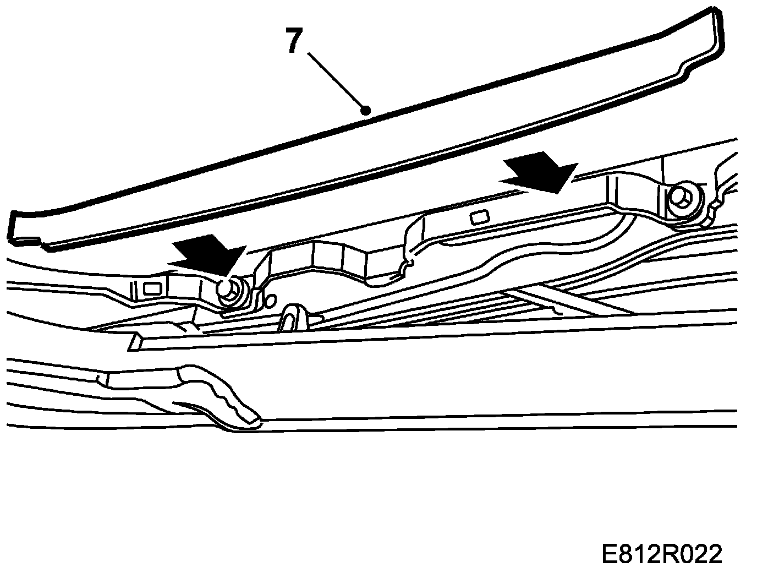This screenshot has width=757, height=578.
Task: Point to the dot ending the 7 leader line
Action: coord(365,111)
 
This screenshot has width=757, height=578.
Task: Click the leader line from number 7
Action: coord(336,81)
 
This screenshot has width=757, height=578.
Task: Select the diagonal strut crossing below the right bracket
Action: coord(545,301)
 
